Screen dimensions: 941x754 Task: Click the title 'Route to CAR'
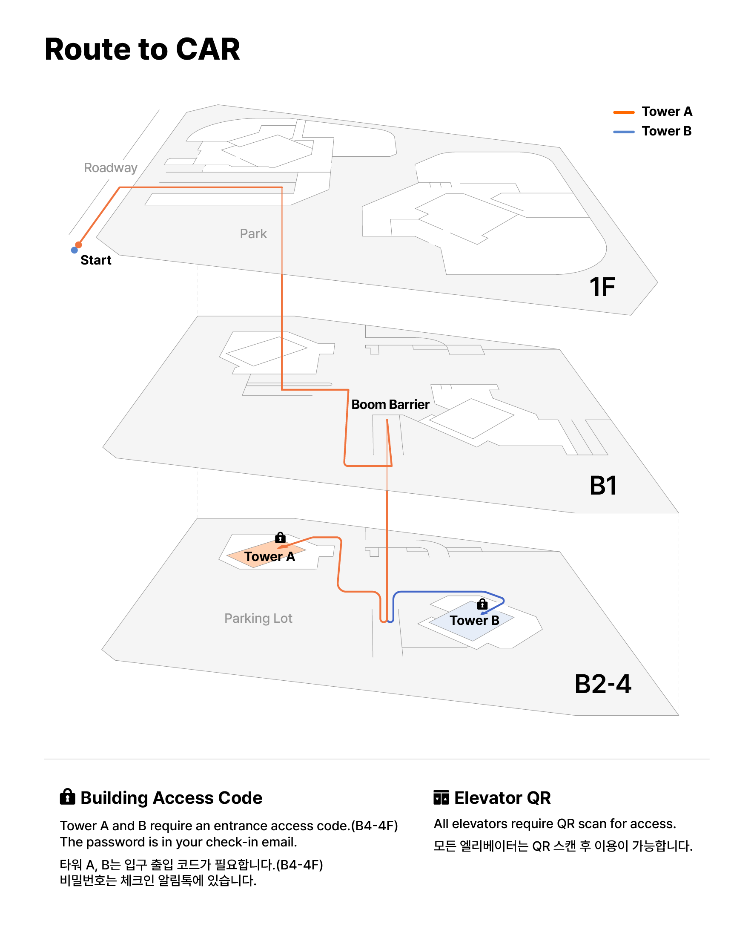coord(142,49)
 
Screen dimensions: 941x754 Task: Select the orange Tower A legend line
coord(624,112)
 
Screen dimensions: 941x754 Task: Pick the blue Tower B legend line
coord(624,132)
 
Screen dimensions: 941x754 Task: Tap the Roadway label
coord(110,167)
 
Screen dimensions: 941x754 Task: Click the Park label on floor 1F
coord(253,233)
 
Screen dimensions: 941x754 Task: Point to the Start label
coord(95,260)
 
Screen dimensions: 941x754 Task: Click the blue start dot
coord(74,250)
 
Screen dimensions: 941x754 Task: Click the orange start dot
coord(78,245)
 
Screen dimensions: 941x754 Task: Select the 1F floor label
coord(602,287)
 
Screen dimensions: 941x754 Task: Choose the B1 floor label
coord(603,485)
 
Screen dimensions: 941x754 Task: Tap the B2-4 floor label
coord(603,684)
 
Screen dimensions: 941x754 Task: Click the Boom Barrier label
coord(390,405)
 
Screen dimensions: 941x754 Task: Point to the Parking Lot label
coord(258,618)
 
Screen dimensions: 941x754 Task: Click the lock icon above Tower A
coord(281,537)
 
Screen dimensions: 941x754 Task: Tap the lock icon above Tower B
coord(482,604)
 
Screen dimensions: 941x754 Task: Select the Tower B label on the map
coord(474,620)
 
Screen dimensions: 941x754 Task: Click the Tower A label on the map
coord(269,556)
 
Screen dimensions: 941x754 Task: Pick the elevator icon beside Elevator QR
coord(441,797)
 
